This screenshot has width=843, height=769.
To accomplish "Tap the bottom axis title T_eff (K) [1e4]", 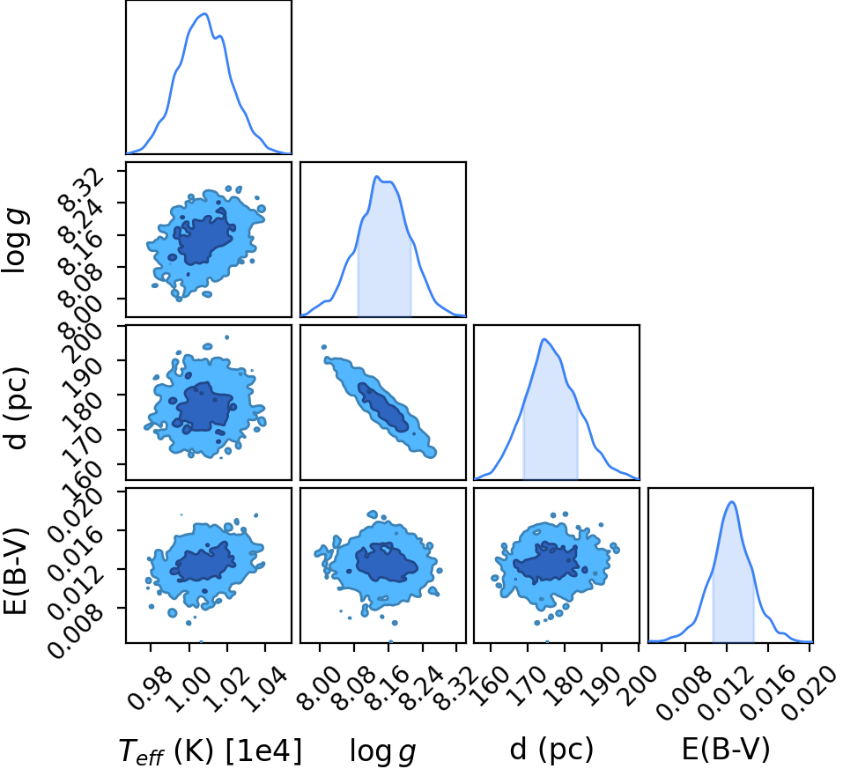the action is click(211, 751).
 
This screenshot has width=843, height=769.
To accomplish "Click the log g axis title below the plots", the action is click(383, 751).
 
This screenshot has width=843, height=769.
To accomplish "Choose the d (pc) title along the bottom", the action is click(551, 749).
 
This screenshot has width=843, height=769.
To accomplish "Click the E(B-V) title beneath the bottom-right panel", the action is click(726, 749).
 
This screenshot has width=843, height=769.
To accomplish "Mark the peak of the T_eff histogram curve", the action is click(205, 14).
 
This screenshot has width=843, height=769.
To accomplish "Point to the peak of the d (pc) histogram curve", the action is click(544, 339).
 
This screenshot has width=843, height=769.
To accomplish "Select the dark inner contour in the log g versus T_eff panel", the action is click(205, 237).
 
